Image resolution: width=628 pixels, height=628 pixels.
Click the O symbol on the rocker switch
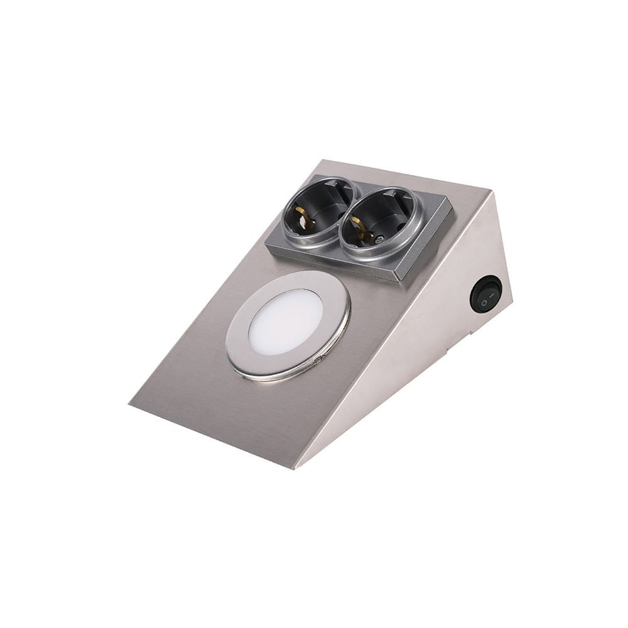[x=484, y=303]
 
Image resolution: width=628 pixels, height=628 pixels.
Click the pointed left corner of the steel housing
[x=131, y=404]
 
